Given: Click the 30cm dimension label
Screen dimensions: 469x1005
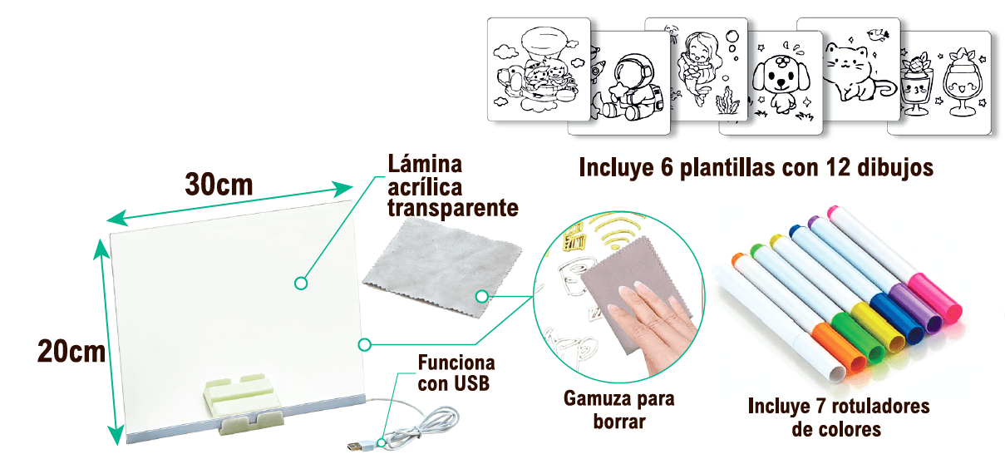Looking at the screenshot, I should coord(219,184).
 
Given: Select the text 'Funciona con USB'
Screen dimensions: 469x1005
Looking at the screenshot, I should coord(456,373).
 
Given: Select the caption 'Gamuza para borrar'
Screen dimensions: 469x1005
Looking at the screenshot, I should coord(619,409).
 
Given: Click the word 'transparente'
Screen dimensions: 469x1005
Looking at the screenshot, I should coord(454,207).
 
